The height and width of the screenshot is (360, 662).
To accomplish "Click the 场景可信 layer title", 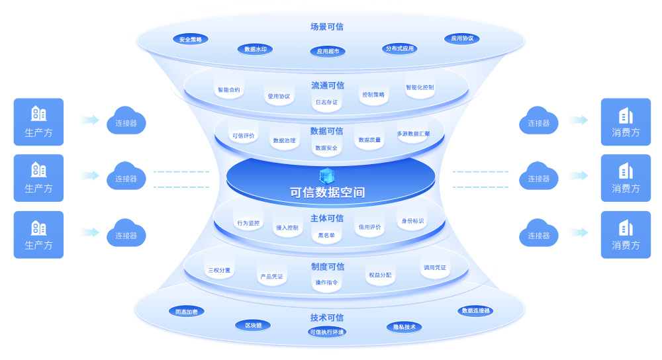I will [327, 27].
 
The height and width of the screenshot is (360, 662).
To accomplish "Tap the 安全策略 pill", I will [191, 39].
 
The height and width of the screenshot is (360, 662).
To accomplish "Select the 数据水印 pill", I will [255, 49].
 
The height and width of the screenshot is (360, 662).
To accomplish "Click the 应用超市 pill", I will [328, 51].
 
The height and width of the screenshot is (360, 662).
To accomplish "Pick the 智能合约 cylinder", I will [229, 89].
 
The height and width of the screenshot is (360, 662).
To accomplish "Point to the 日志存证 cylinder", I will [326, 101].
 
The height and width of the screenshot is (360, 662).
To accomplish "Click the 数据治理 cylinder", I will [284, 140].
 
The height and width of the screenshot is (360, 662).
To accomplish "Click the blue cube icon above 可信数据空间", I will [327, 175].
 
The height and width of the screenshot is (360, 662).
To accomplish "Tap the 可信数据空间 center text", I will [328, 193].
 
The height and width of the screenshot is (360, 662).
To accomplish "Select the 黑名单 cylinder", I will [326, 234].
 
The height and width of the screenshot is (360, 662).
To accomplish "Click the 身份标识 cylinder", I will [412, 220].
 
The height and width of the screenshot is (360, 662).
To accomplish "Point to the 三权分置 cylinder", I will [219, 269].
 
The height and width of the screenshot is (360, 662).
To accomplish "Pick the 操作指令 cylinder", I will [326, 282].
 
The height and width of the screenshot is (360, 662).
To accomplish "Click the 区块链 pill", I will [253, 325].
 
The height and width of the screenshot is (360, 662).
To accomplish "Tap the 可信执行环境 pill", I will [327, 332].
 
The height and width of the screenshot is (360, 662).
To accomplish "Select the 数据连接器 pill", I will [475, 310].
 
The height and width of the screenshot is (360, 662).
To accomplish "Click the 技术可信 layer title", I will [327, 318].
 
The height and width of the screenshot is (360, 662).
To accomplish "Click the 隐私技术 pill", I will [404, 327].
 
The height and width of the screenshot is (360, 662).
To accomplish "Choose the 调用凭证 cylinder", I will [435, 267].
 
